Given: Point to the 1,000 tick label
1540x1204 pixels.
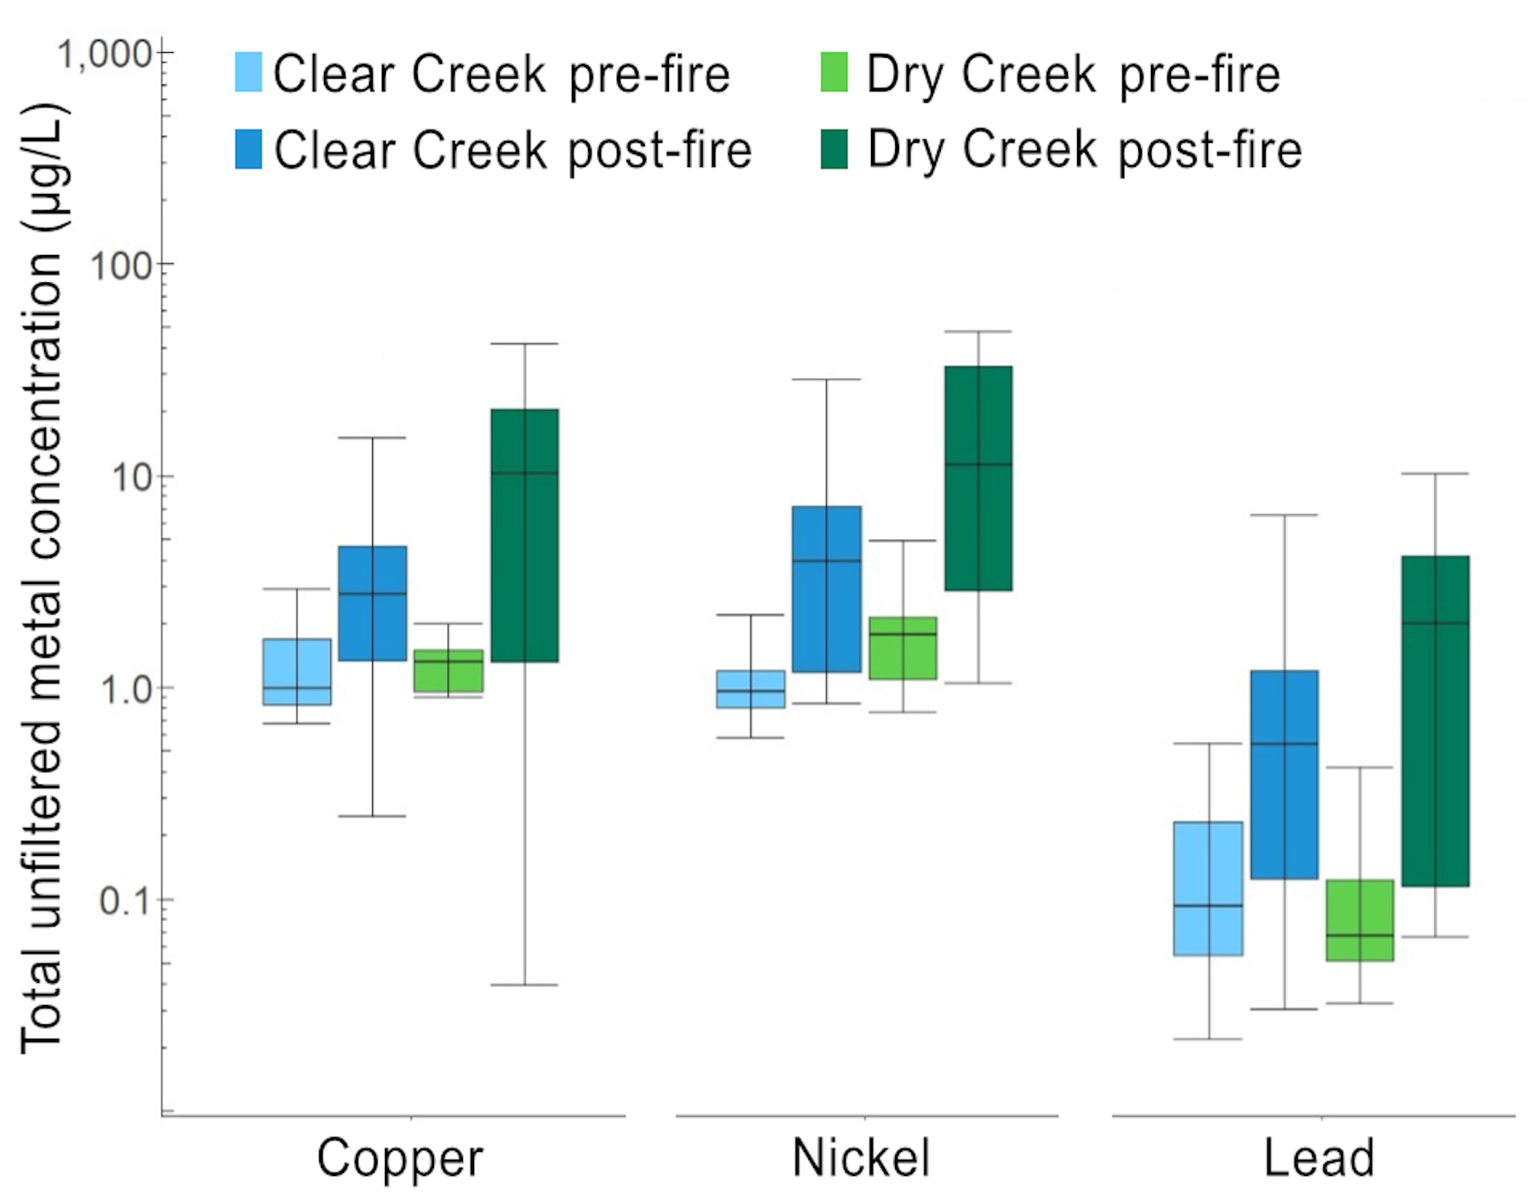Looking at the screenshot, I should point(104,55).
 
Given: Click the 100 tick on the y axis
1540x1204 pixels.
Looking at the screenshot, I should point(121,266).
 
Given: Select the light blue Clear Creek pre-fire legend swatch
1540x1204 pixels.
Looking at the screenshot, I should point(249,72).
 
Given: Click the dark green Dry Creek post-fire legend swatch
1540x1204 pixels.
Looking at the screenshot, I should point(834,149).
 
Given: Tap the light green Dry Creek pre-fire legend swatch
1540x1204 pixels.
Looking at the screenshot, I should point(834,72).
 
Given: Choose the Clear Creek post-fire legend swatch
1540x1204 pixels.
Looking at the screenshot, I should point(249,149).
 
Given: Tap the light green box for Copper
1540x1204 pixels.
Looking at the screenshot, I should point(448,671).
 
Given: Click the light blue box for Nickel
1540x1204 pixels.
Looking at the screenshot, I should point(751,689).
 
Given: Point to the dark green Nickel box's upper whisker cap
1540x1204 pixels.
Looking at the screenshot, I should point(978,331).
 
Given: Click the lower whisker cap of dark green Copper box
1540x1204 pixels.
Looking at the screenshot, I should point(525,984).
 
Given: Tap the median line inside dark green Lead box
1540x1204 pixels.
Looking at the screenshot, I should point(1435,623).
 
